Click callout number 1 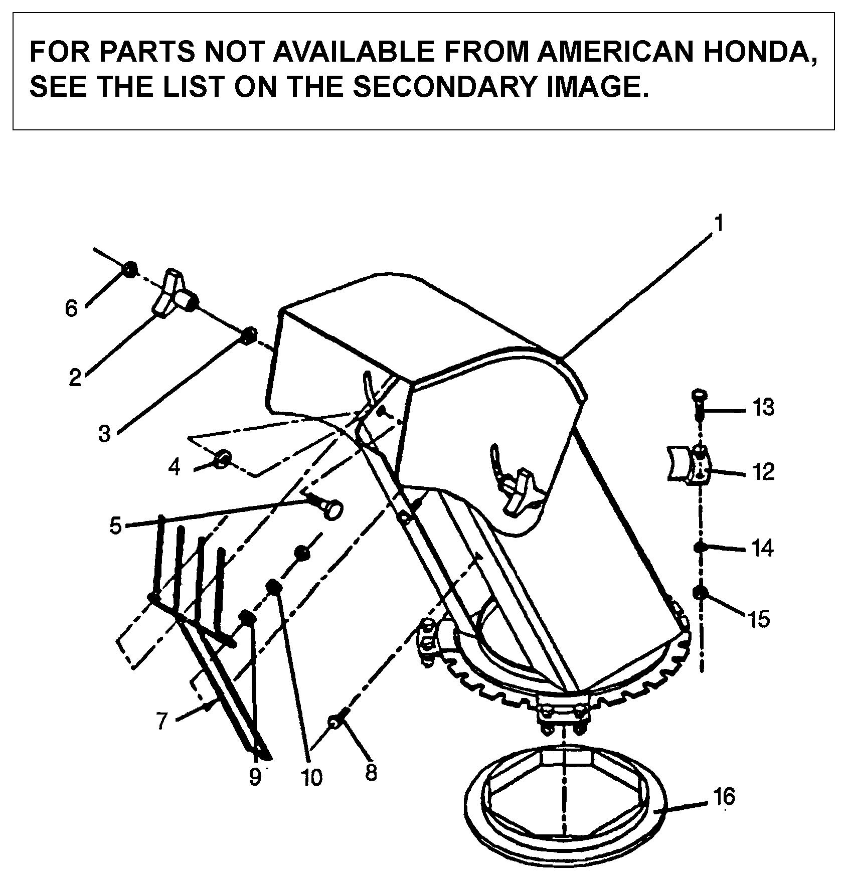[719, 224]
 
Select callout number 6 [72, 308]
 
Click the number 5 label [116, 526]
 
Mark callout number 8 [371, 772]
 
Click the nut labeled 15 [700, 593]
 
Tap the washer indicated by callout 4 [223, 458]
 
